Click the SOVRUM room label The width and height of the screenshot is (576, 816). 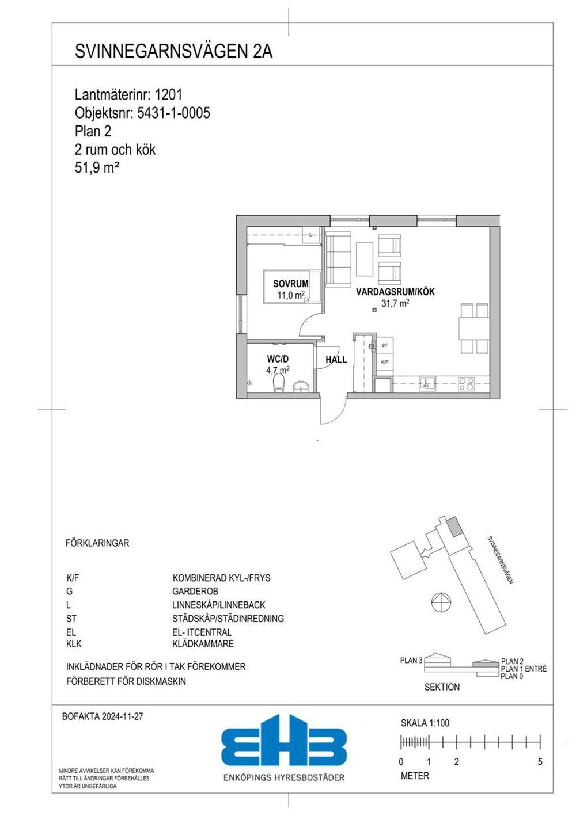click(290, 284)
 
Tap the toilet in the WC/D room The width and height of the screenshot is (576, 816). click(279, 384)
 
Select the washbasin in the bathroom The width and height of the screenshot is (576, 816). click(301, 387)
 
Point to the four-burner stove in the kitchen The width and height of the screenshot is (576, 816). click(466, 384)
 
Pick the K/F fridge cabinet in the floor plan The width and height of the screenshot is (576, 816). click(385, 362)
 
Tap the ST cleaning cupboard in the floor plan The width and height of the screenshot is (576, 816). click(385, 345)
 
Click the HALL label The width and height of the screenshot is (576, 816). click(336, 360)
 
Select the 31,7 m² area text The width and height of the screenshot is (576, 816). click(395, 303)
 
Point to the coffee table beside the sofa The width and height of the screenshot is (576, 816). click(365, 260)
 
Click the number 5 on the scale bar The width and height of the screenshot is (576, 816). click(540, 762)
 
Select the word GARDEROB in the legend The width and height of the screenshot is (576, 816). click(195, 591)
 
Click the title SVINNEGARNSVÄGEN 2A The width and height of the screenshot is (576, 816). click(173, 51)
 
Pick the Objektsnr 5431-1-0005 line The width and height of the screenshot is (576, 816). click(142, 113)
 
